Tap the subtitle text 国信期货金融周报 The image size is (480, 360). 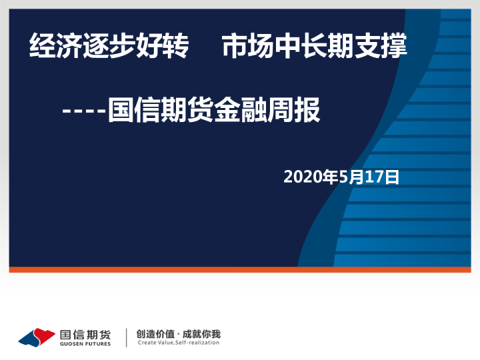(x=214, y=110)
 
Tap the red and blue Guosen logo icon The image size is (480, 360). (x=37, y=337)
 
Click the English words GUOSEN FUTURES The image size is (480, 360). (x=85, y=344)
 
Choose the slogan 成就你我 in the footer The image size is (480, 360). (x=203, y=334)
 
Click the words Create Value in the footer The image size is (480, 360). (x=155, y=343)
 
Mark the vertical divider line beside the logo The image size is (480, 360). (x=127, y=337)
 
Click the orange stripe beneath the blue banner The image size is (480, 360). (x=240, y=269)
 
